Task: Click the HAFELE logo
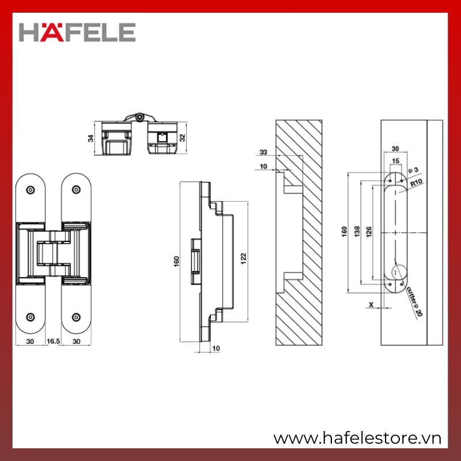(x=77, y=32)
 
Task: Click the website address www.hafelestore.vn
(x=357, y=438)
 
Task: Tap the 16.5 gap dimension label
(x=53, y=341)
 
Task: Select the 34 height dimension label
(x=90, y=138)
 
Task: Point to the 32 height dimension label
(x=183, y=138)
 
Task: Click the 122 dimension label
(x=243, y=258)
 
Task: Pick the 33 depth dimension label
(x=263, y=152)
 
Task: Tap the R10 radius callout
(x=416, y=183)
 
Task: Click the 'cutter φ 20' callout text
(x=414, y=301)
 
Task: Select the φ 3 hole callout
(x=413, y=170)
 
